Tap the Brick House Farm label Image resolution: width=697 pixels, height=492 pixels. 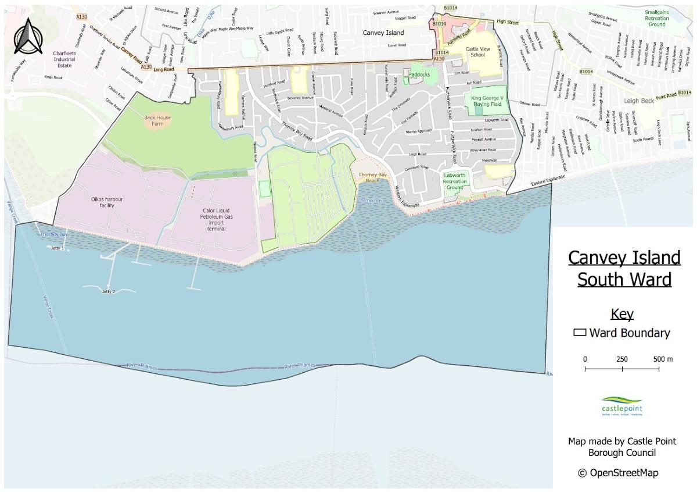pyautogui.click(x=154, y=120)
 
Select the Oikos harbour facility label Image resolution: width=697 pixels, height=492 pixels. pyautogui.click(x=107, y=202)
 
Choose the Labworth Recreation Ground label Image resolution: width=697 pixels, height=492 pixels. pyautogui.click(x=454, y=181)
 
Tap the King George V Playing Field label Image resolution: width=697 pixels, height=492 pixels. pyautogui.click(x=486, y=101)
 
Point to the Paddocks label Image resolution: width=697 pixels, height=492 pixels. pyautogui.click(x=419, y=74)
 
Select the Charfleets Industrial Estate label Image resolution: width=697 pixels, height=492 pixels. pyautogui.click(x=64, y=59)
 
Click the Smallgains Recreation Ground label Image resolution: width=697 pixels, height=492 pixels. pyautogui.click(x=656, y=17)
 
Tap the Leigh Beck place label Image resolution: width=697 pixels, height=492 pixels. pyautogui.click(x=639, y=101)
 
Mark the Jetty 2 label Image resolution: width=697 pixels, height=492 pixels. pyautogui.click(x=108, y=291)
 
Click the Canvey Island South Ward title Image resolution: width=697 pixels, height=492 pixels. pyautogui.click(x=624, y=268)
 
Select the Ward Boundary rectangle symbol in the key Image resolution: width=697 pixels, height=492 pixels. pyautogui.click(x=579, y=333)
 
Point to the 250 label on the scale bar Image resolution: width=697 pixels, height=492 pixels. pyautogui.click(x=621, y=359)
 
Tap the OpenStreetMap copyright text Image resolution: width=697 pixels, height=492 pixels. pyautogui.click(x=618, y=473)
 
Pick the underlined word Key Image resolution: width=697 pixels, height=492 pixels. pyautogui.click(x=621, y=315)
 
